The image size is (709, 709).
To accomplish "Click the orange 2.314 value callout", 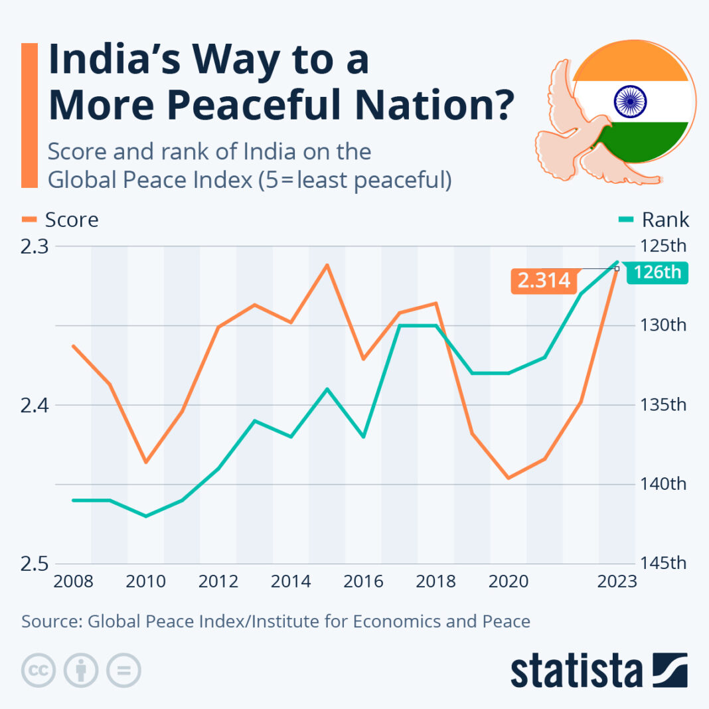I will tap(544, 280).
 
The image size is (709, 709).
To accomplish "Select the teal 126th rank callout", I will tap(657, 273).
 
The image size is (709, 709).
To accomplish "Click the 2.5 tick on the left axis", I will tap(33, 563).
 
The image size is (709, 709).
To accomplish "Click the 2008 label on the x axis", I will tap(73, 582).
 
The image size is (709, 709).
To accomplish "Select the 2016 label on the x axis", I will tap(363, 582).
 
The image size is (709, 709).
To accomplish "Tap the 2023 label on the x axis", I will tap(617, 582).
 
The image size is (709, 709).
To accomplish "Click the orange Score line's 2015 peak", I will tap(327, 264).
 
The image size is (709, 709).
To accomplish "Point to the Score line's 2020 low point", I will tap(508, 478).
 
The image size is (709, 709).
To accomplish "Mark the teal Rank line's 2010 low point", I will tap(146, 516).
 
